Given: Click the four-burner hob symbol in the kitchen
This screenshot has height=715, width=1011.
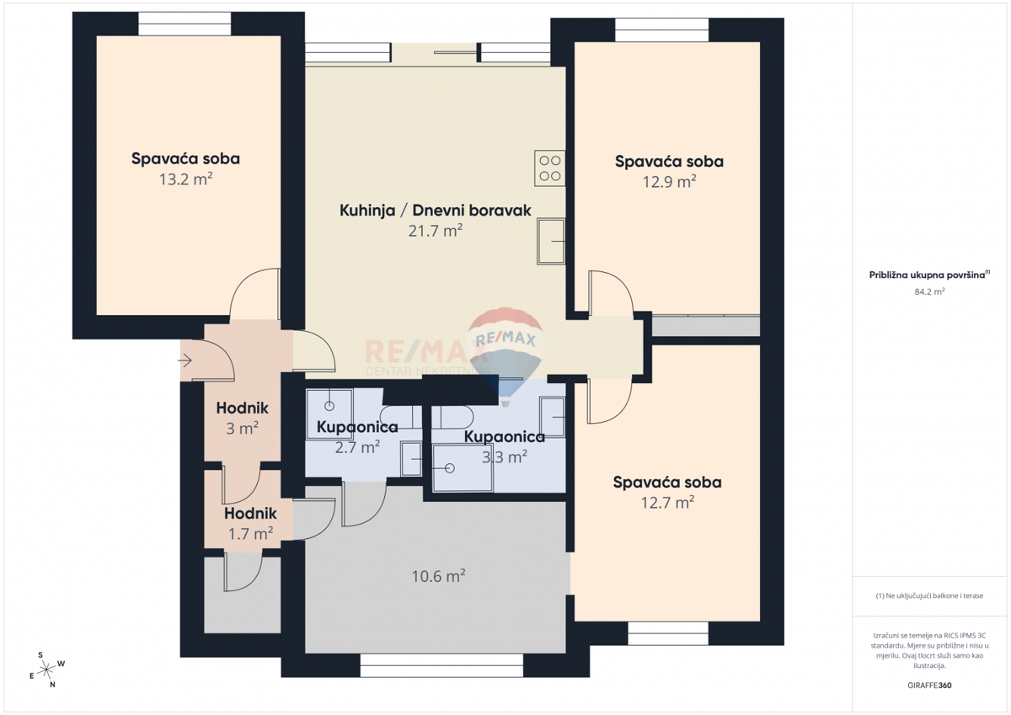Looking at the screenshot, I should (x=550, y=168).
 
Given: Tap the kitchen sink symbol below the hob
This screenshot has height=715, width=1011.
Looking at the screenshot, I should (x=552, y=241).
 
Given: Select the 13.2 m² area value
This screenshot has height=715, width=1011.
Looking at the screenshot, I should (x=185, y=179).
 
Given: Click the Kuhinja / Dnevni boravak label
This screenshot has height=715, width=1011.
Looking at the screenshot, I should (x=435, y=211).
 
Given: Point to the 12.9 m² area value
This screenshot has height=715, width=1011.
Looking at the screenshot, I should (x=669, y=181).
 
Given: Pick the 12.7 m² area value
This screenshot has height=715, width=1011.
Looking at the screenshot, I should (x=667, y=503).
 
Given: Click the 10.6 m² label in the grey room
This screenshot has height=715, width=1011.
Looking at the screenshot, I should (x=439, y=577).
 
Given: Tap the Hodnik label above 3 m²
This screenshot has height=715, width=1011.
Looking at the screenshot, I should (x=242, y=408).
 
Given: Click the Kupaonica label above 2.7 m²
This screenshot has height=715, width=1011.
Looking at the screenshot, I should (x=357, y=428).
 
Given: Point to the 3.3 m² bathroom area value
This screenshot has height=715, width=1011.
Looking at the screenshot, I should (x=504, y=456).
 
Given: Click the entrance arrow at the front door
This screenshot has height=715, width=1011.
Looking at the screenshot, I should (x=185, y=361).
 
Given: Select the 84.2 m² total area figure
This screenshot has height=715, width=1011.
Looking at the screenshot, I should (x=929, y=291).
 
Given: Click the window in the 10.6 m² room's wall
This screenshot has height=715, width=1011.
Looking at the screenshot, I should (x=441, y=665).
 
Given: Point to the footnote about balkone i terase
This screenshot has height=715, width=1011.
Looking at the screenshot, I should (x=929, y=595).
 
